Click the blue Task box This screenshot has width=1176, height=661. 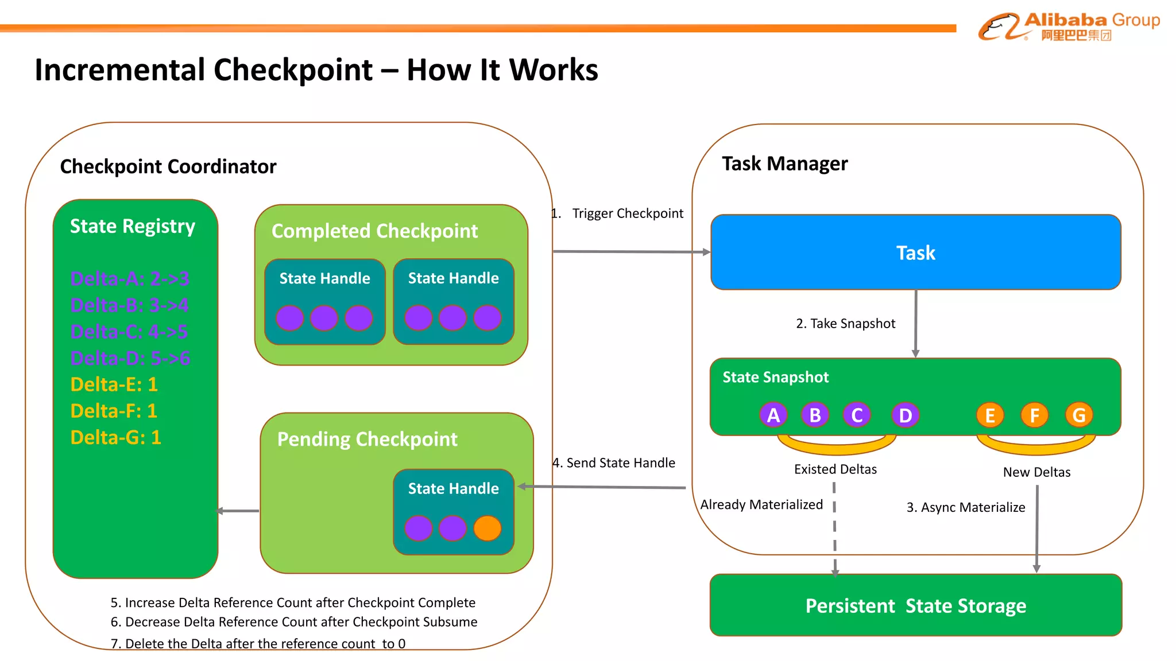point(915,252)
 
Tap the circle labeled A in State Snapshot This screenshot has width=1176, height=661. point(773,415)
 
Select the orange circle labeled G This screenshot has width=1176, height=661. point(1078,415)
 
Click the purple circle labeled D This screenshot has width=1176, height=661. point(905,415)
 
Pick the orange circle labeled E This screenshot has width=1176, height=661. point(990,415)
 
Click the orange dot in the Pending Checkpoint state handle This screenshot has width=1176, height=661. point(488,528)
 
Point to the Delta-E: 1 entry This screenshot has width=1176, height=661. point(114,384)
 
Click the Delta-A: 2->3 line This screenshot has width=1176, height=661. point(129,279)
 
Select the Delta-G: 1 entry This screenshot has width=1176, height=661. point(115,437)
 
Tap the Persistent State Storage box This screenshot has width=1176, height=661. point(915,605)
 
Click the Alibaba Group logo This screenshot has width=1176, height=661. point(1068,26)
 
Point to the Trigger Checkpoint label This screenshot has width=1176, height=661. point(627,213)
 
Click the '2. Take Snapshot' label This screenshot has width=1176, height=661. point(845,324)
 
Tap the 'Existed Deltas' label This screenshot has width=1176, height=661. point(835,469)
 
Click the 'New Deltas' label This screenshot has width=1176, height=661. point(1036,472)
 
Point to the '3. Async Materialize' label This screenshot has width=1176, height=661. point(965,507)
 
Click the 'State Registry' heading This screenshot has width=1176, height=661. point(133,226)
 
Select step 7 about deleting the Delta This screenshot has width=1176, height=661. point(258,644)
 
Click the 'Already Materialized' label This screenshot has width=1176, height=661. point(761,504)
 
